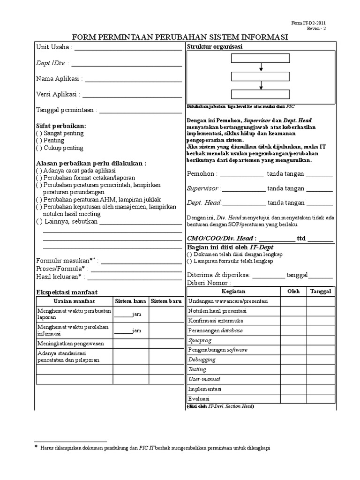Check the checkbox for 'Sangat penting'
click(38, 133)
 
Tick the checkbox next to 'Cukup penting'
click(38, 148)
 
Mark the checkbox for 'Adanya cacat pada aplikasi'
click(38, 171)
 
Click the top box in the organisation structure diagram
click(260, 59)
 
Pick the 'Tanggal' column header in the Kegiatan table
click(321, 291)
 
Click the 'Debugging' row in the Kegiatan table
click(202, 360)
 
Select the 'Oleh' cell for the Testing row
click(293, 369)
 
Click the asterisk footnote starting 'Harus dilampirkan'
click(155, 448)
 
